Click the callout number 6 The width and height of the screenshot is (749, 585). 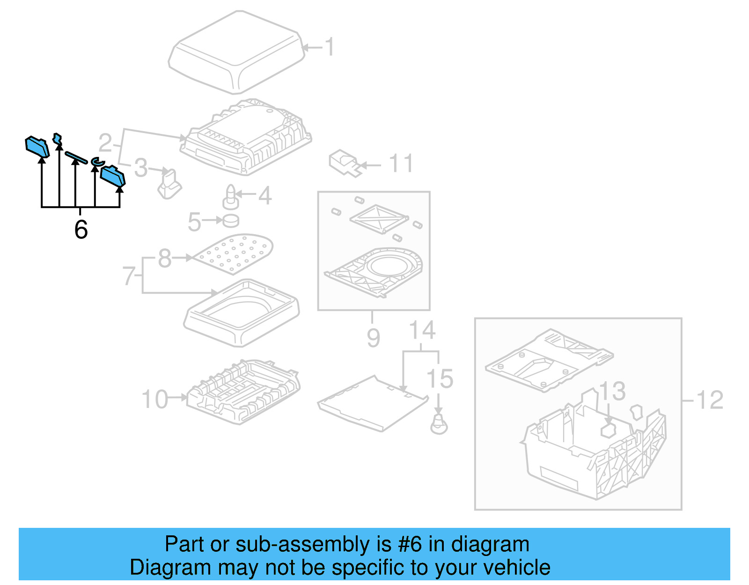click(x=81, y=230)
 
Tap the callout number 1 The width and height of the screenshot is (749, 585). click(x=330, y=47)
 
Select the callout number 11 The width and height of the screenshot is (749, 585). click(x=401, y=164)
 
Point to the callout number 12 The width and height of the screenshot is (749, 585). click(x=710, y=400)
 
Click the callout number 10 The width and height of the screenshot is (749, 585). click(x=155, y=400)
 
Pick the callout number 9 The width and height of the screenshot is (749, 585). click(x=373, y=338)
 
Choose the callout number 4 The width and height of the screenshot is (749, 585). click(x=265, y=195)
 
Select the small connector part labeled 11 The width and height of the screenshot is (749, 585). click(x=345, y=163)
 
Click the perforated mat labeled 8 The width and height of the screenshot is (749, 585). click(x=233, y=253)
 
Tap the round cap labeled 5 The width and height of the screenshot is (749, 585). click(x=231, y=220)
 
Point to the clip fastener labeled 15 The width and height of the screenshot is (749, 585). click(x=439, y=424)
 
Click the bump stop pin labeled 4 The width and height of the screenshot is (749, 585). click(x=231, y=197)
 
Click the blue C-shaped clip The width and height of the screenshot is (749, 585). click(x=96, y=162)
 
